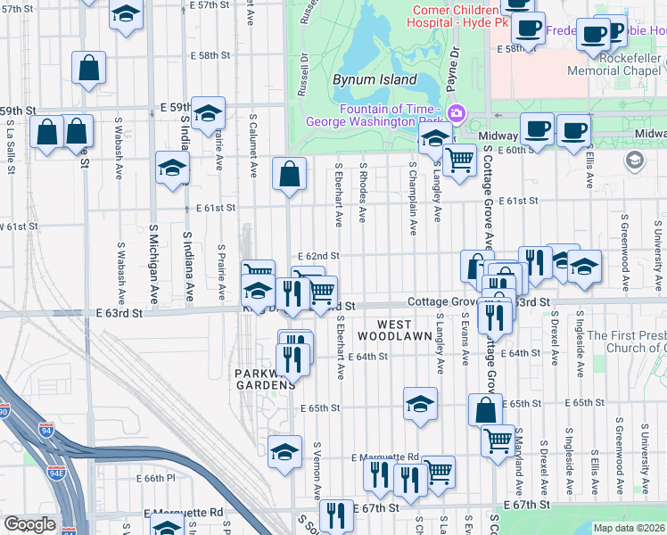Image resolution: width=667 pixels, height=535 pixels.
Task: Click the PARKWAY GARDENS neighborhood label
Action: tap(259, 379)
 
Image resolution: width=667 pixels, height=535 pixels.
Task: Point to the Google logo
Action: tap(29, 524)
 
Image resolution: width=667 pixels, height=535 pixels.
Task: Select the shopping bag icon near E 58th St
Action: tap(89, 67)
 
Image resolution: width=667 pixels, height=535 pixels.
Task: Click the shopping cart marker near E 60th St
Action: tap(458, 160)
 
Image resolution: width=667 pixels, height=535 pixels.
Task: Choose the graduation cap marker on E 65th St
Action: tap(420, 403)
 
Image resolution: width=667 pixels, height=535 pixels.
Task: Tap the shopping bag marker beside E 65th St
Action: tap(486, 409)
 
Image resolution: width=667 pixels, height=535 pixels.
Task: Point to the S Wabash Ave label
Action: tap(119, 268)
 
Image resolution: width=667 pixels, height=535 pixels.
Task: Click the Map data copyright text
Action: tap(629, 528)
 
